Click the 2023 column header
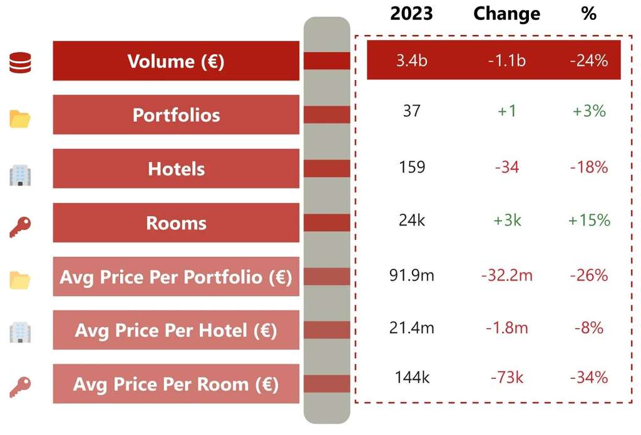point(411,14)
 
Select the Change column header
point(506,14)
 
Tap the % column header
point(588,14)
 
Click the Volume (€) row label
point(176,61)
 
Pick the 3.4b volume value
point(411,61)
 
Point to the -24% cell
point(588,61)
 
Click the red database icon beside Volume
point(20,63)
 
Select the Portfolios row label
point(176,115)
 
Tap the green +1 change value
point(506,111)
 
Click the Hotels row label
point(176,169)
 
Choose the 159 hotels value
point(411,167)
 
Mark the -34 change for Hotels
point(506,167)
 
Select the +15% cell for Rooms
point(588,221)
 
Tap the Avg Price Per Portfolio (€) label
point(176,277)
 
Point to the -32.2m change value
point(506,275)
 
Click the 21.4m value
point(411,327)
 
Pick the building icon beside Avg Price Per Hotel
point(20,332)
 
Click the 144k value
point(411,377)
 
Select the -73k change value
point(506,377)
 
